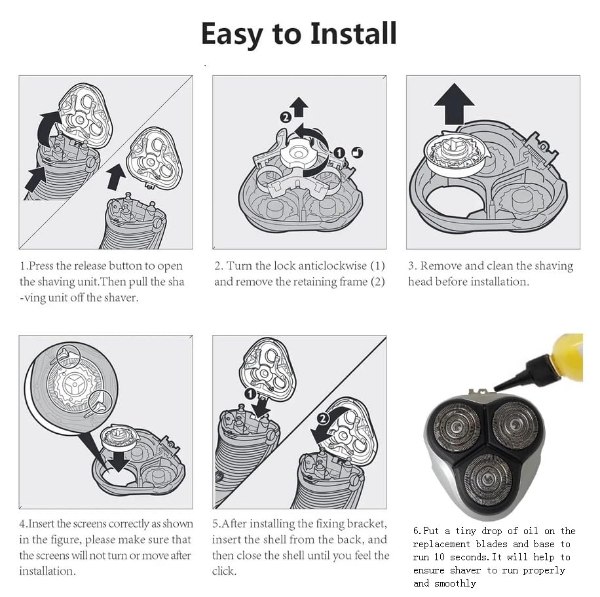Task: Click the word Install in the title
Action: coord(353,33)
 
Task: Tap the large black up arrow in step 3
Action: coord(454,104)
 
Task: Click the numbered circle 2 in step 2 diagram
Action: coord(286,117)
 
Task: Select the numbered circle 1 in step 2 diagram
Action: coord(339,153)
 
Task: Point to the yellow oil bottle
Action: coord(567,358)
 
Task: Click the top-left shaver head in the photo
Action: coord(456,427)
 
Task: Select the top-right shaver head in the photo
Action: coord(515,425)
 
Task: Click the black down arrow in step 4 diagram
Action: coord(119,461)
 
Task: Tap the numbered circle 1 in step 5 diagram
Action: coord(250,394)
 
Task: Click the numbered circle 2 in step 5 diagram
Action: coord(323,419)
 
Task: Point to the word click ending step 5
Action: coord(223,571)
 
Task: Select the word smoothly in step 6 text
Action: coord(455,583)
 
